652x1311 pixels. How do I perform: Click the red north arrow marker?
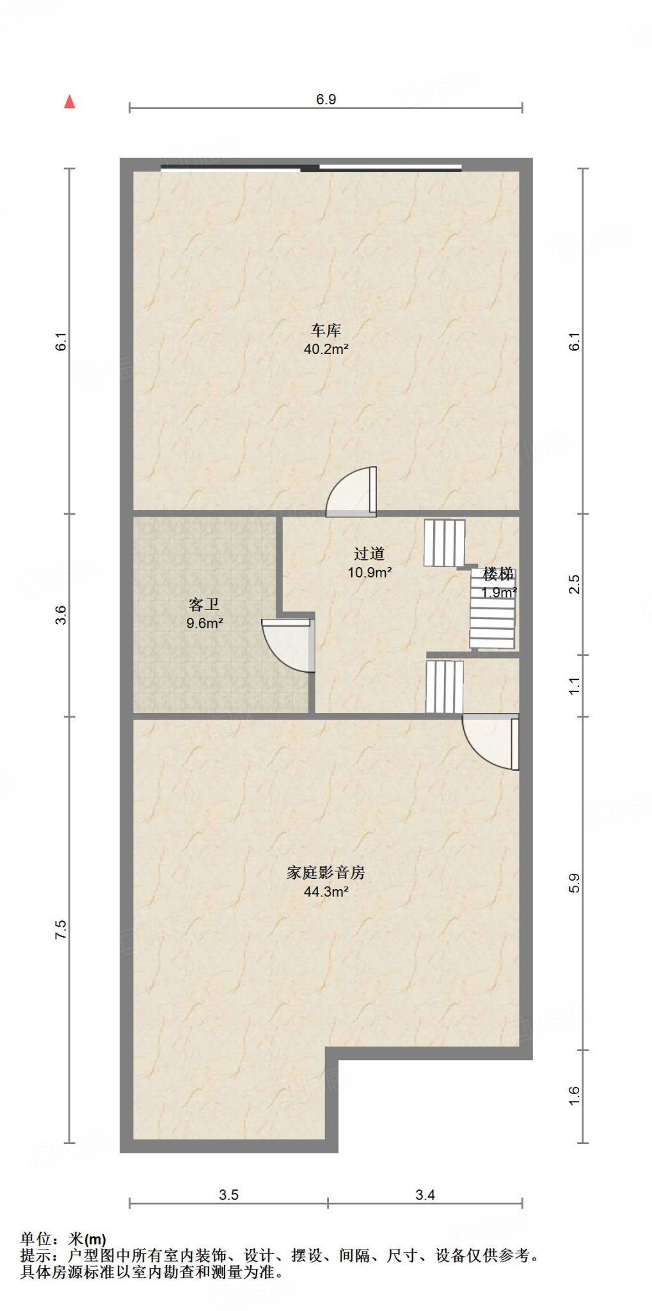[70, 102]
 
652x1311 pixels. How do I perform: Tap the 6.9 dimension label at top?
[326, 99]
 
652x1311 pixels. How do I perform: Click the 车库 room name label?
[326, 330]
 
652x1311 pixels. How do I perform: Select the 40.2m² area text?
[326, 350]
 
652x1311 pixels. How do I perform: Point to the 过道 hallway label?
[369, 554]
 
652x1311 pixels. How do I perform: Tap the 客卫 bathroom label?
[204, 604]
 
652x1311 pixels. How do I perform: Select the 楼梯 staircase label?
[498, 574]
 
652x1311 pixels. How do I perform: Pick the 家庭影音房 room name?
[326, 873]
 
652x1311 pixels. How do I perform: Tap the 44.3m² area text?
[326, 892]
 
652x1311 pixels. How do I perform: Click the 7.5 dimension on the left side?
[61, 929]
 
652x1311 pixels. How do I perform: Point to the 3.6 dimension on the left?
[61, 615]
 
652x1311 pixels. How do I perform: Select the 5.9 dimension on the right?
[574, 883]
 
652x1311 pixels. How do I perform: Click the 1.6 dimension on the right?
[574, 1095]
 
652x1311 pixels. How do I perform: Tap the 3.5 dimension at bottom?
[228, 1194]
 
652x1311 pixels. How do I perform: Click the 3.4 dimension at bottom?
[425, 1194]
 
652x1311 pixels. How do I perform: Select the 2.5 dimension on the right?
[574, 584]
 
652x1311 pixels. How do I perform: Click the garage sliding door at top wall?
[311, 168]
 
